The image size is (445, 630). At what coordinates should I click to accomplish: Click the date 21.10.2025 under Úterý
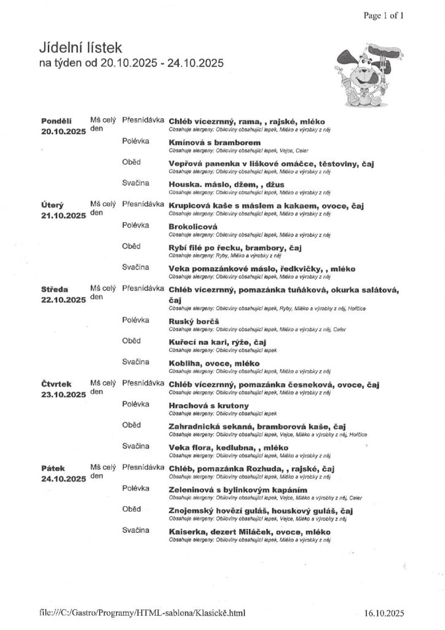coord(63,215)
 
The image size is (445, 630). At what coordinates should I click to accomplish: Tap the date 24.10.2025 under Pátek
coord(63,478)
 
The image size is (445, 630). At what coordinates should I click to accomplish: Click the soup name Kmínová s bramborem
coord(210,143)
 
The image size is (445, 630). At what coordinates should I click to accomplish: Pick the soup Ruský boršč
coord(194,321)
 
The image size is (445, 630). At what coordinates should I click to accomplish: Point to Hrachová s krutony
coord(208,405)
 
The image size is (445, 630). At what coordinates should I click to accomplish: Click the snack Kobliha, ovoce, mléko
coord(214,363)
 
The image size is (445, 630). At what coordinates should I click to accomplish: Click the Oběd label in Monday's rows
coord(132,162)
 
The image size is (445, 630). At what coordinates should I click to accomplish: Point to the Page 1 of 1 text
coord(384,16)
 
